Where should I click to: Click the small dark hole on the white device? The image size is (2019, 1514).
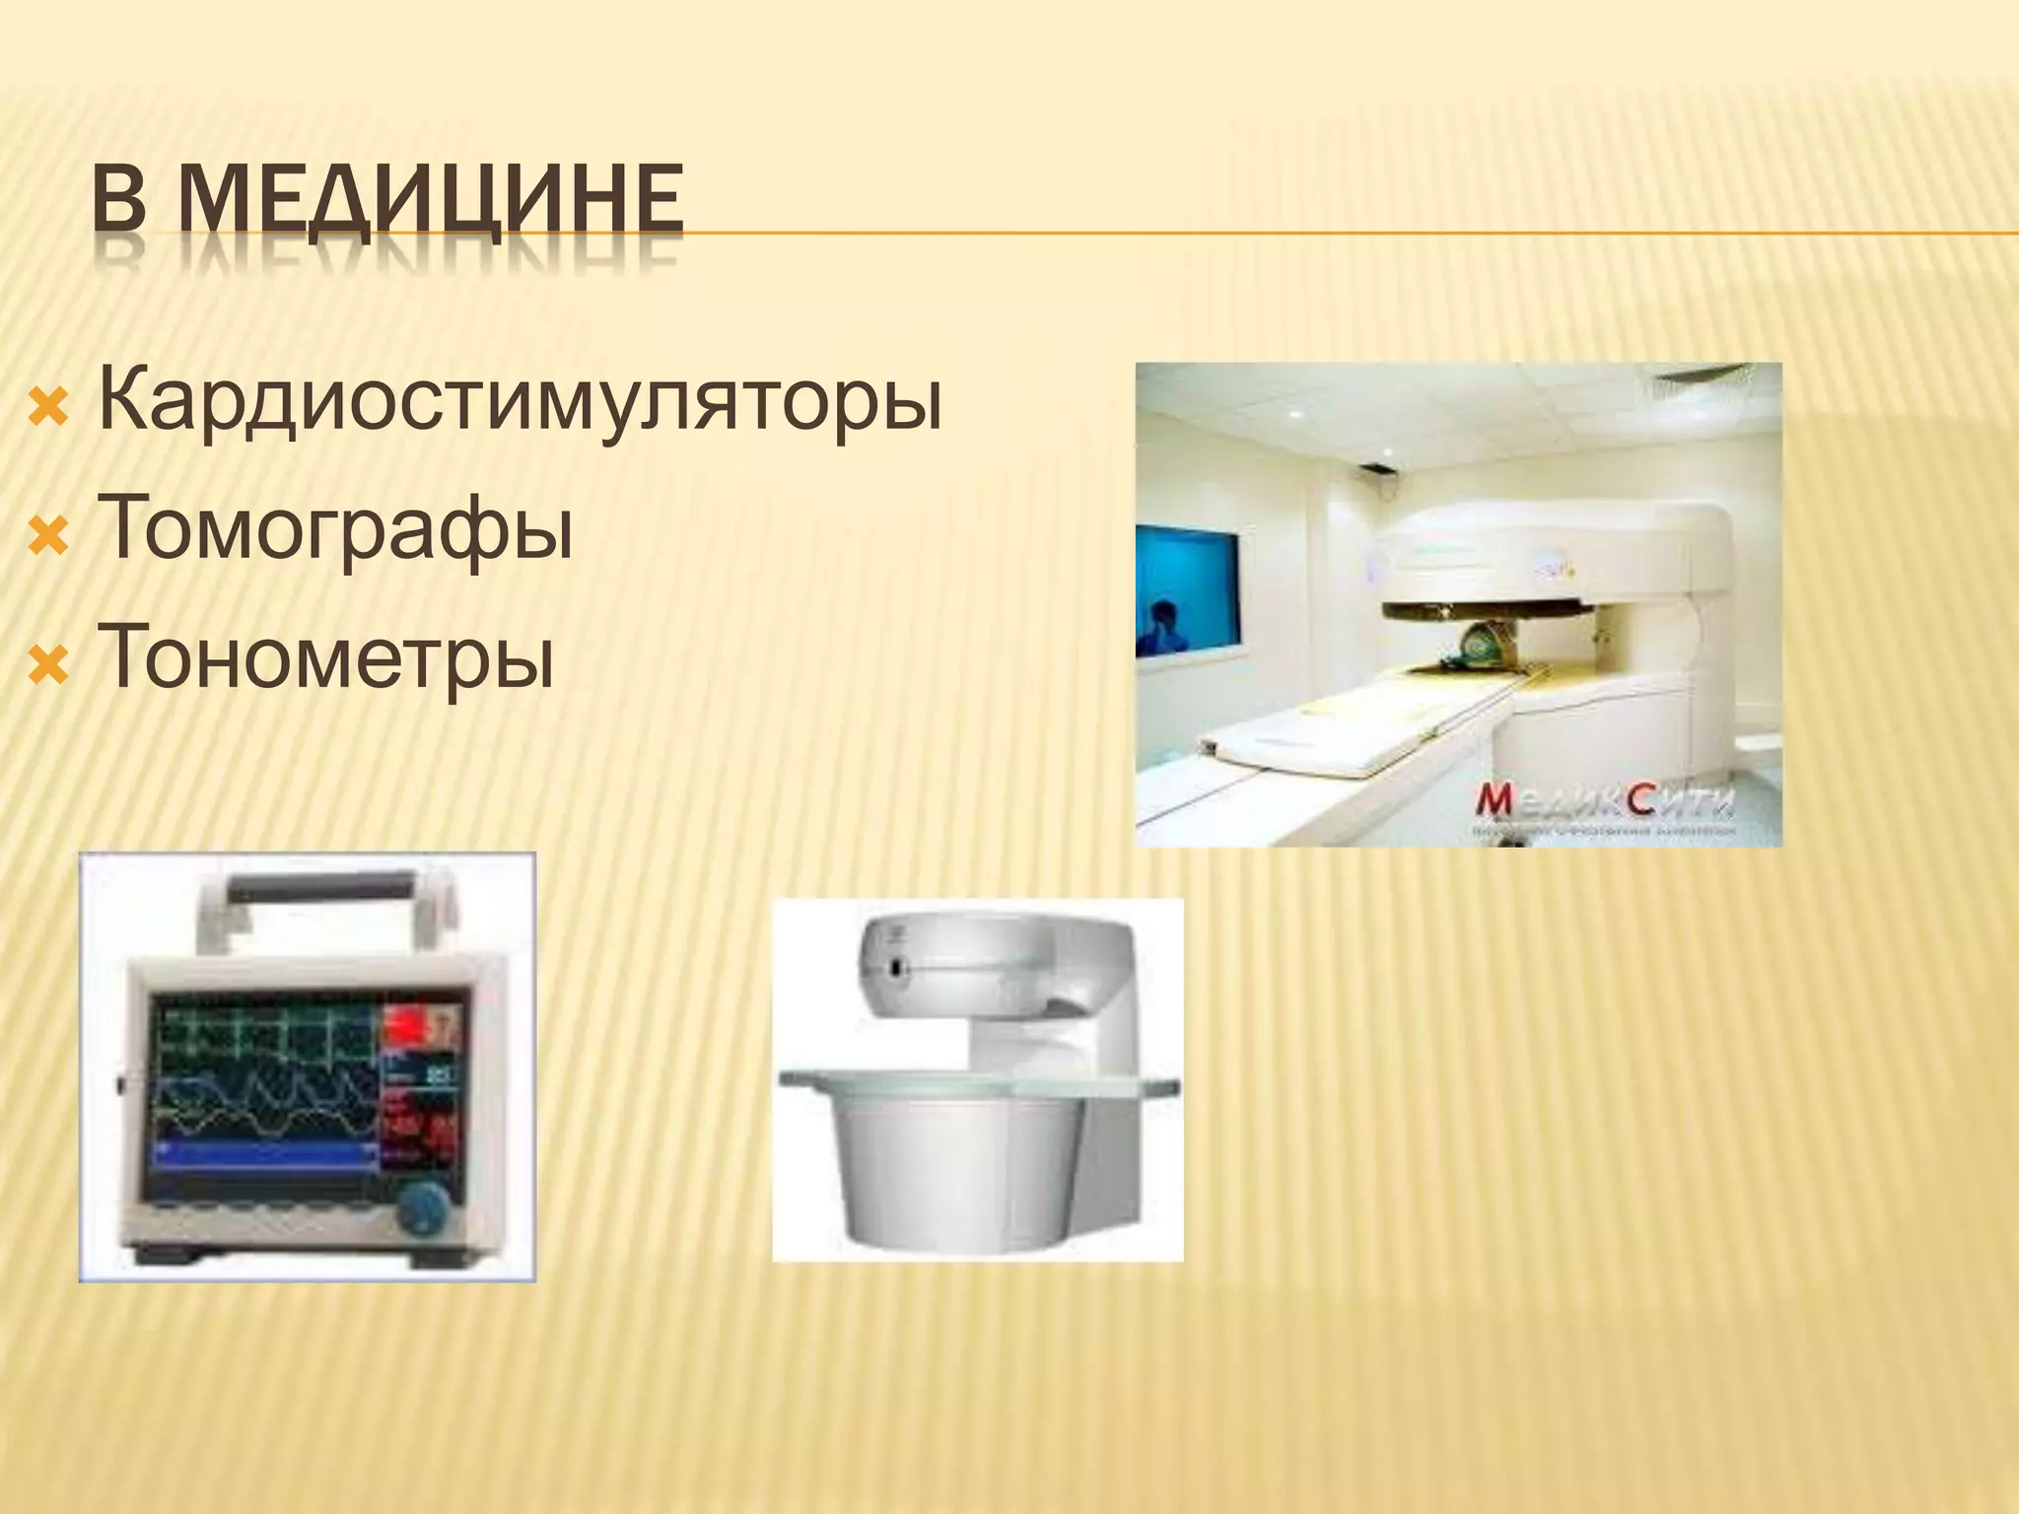pos(895,969)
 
